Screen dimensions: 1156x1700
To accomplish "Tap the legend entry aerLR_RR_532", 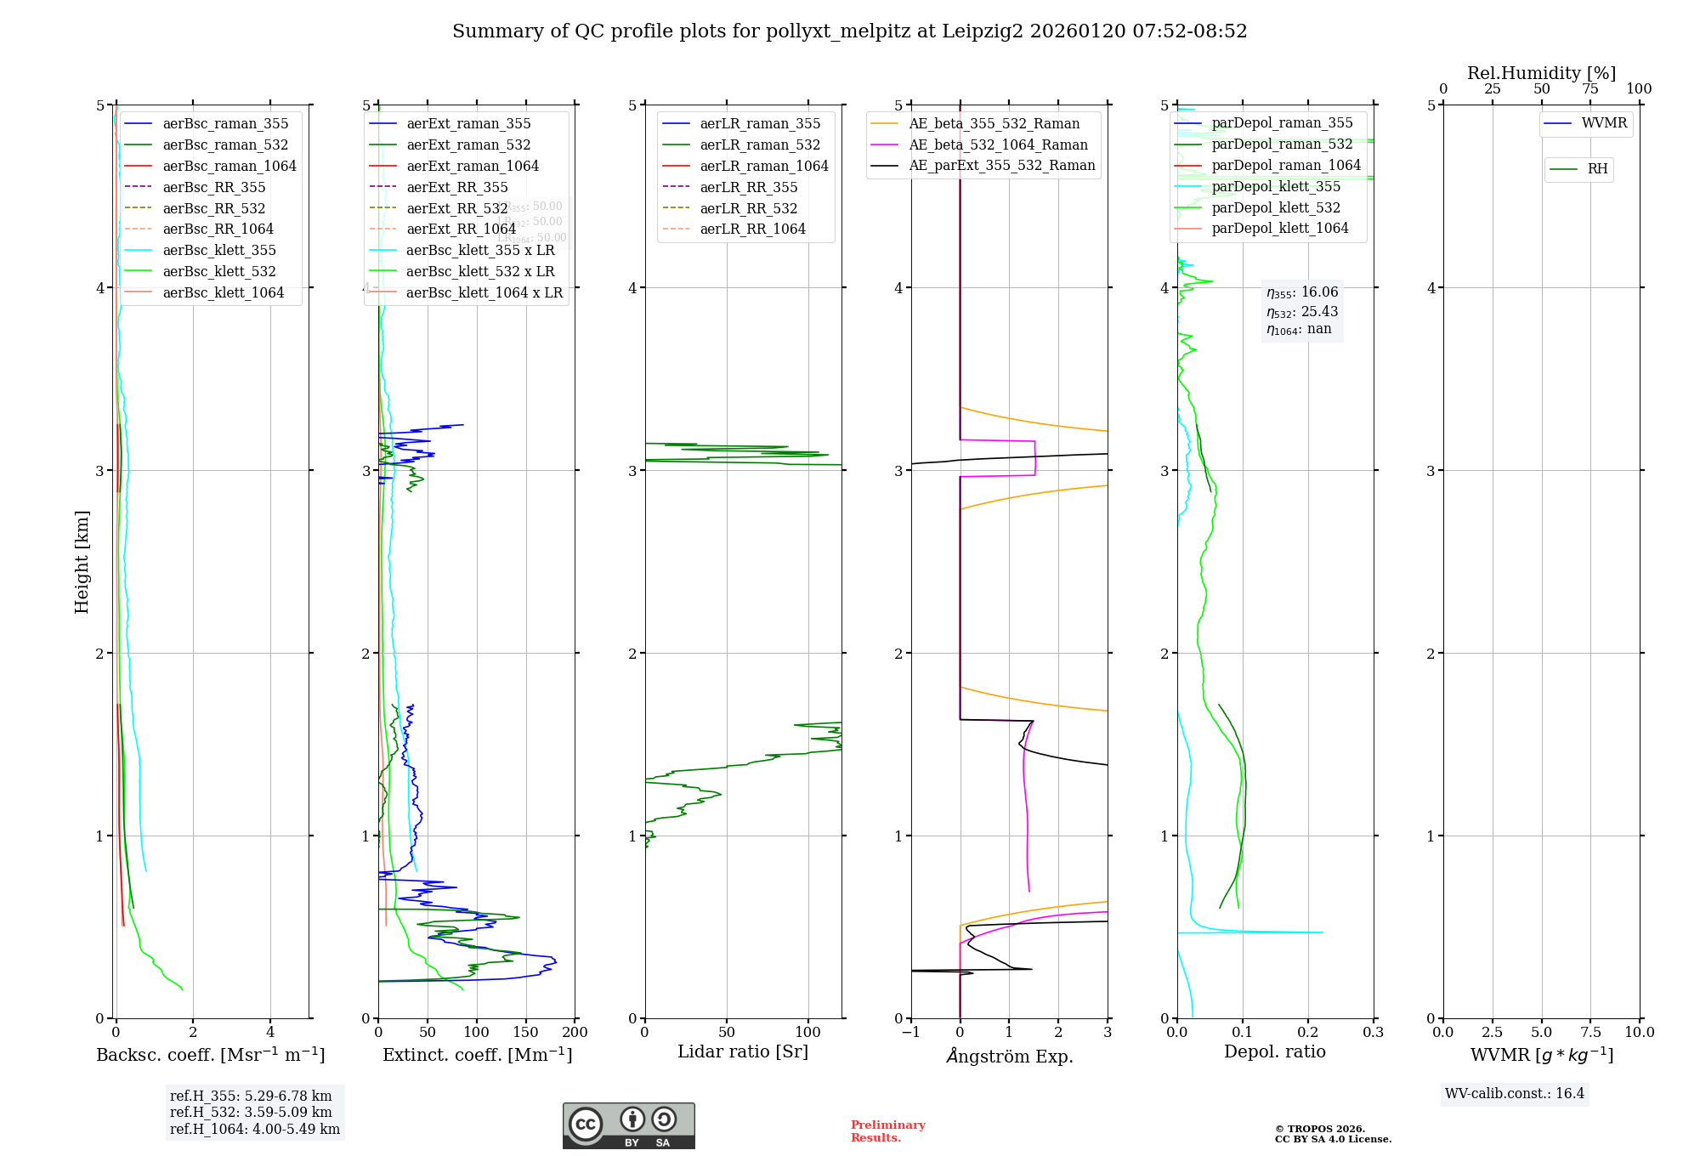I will (x=748, y=208).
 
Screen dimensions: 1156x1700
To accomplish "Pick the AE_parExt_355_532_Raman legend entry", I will (x=1001, y=165).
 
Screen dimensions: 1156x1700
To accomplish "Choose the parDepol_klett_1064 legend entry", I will (x=1279, y=228).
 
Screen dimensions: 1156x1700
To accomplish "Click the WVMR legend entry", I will (x=1604, y=123).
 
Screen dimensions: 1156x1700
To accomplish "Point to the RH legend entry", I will (x=1597, y=169).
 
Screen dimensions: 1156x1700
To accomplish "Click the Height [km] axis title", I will (x=82, y=561).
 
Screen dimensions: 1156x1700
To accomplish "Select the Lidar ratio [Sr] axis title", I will (x=742, y=1051).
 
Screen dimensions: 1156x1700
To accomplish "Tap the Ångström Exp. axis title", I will (x=1009, y=1056).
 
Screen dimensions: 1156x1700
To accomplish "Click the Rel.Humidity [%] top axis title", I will (x=1541, y=73).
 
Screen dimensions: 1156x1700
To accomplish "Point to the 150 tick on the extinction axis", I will (x=526, y=1032).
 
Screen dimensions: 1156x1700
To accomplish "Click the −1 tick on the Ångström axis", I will (x=910, y=1032).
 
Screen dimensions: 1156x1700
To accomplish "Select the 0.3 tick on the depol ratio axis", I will (x=1373, y=1032).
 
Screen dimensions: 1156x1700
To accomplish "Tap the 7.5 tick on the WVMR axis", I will (x=1590, y=1032).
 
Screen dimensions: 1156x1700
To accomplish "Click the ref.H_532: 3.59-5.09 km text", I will (x=251, y=1112).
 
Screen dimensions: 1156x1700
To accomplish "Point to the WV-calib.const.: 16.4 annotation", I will (x=1515, y=1093).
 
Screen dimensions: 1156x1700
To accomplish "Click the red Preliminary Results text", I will (x=887, y=1130).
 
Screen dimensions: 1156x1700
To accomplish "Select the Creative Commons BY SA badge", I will (x=628, y=1125).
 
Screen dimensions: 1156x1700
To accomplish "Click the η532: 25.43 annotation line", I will (x=1301, y=312).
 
